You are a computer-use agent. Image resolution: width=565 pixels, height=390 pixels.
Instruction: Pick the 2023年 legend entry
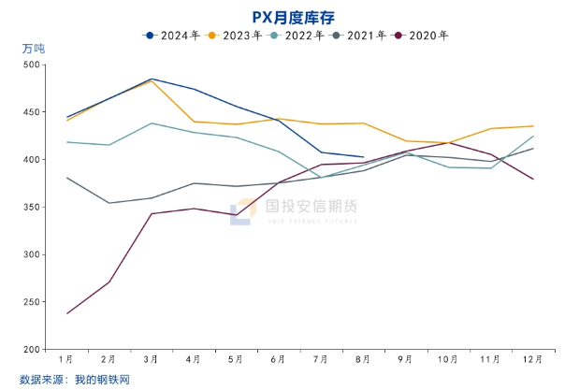(x=236, y=36)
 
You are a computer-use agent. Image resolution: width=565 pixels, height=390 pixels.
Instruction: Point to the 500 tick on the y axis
(x=32, y=65)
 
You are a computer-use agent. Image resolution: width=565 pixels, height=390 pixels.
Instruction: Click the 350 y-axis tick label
(x=32, y=208)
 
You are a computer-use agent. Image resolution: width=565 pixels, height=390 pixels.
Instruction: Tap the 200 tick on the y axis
(x=32, y=350)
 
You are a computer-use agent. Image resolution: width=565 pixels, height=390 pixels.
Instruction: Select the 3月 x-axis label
(x=152, y=359)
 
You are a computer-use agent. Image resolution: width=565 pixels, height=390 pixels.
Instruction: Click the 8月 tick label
(x=363, y=359)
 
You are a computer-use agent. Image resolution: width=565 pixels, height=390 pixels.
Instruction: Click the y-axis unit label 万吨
(x=33, y=48)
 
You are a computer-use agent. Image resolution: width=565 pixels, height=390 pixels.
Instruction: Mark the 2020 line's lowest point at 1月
(x=67, y=313)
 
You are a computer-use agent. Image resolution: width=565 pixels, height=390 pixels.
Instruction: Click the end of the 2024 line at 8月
(x=363, y=157)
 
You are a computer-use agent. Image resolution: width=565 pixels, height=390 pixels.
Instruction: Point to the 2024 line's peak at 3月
(x=152, y=79)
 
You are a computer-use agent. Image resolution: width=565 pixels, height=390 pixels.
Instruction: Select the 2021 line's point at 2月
(x=109, y=203)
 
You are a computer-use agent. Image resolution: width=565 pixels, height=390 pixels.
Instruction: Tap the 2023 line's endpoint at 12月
(x=533, y=126)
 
